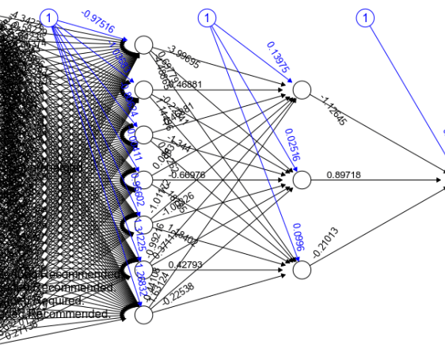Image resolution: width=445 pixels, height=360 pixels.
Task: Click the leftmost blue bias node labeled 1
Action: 49,17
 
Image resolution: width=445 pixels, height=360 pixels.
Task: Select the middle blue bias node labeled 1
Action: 207,17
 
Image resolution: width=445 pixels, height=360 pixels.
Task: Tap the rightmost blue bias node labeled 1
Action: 365,17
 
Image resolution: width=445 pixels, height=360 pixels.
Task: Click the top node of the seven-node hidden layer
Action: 143,45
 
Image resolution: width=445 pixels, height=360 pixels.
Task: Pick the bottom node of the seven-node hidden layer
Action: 143,315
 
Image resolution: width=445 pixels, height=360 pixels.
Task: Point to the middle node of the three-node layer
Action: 301,180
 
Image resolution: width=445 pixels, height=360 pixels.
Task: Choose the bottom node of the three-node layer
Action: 301,270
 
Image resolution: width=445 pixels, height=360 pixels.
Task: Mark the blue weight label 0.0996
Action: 297,237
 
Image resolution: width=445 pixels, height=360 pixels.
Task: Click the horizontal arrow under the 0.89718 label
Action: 380,180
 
